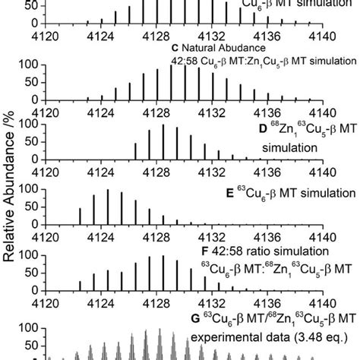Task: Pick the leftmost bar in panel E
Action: [x=80, y=217]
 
